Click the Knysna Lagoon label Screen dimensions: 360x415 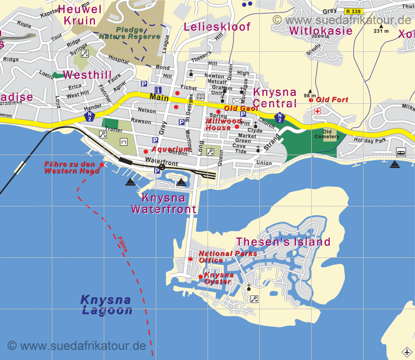tap(106, 305)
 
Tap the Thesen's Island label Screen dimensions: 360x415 tap(283, 242)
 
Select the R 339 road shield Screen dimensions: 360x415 tap(354, 10)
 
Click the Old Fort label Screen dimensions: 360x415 tap(332, 100)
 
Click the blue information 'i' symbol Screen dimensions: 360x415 tap(158, 90)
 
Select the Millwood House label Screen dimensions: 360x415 tap(224, 124)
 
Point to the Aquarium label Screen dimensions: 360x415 tap(171, 149)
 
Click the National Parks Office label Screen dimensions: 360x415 tap(228, 257)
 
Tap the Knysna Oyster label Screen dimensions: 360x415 tap(218, 278)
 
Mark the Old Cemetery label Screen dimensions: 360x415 tap(330, 134)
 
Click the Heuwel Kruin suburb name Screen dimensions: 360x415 tap(79, 15)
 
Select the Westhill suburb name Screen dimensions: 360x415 tap(87, 75)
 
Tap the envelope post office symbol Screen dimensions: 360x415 tap(237, 101)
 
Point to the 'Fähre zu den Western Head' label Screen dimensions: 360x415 tap(72, 168)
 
